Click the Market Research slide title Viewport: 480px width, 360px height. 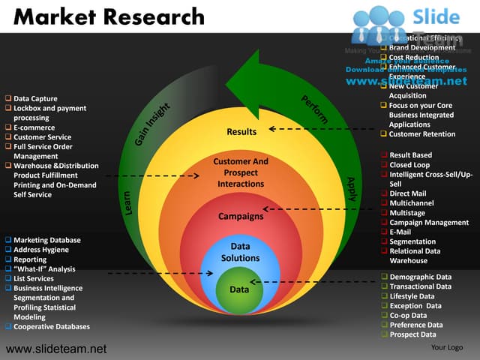click(x=109, y=16)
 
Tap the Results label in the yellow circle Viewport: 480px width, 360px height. click(x=241, y=132)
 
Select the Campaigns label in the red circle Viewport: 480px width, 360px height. click(x=241, y=217)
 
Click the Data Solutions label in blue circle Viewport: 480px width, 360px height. click(x=240, y=252)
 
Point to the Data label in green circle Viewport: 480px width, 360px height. click(x=239, y=289)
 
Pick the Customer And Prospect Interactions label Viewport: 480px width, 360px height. click(x=241, y=172)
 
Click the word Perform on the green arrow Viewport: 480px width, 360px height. click(x=315, y=109)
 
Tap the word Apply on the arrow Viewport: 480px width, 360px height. click(x=350, y=188)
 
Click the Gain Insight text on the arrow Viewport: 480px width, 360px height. click(x=154, y=124)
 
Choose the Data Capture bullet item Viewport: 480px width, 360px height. click(x=35, y=99)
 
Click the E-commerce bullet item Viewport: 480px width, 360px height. click(x=34, y=128)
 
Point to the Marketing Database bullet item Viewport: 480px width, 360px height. click(x=47, y=240)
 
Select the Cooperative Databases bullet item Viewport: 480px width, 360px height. click(x=51, y=326)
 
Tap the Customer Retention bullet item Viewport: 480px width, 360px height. click(x=421, y=134)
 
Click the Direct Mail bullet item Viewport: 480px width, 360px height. click(x=407, y=193)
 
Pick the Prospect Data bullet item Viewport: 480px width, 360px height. click(x=412, y=334)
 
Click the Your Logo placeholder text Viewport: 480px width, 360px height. click(x=447, y=347)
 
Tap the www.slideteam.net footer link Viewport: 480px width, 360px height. click(x=56, y=349)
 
